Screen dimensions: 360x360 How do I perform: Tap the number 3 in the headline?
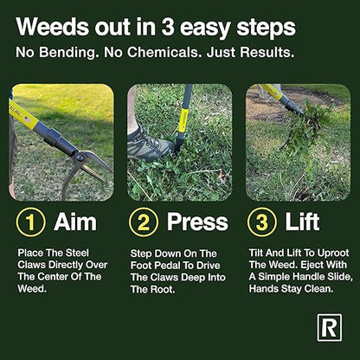coord(177,28)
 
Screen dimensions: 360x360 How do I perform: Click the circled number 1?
coord(33,222)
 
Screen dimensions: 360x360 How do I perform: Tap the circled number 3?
coord(260,222)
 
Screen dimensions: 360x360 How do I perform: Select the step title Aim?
coord(75,222)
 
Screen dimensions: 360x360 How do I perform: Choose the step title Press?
coord(196,222)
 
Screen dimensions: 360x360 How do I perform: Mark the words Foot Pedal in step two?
coord(158,264)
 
